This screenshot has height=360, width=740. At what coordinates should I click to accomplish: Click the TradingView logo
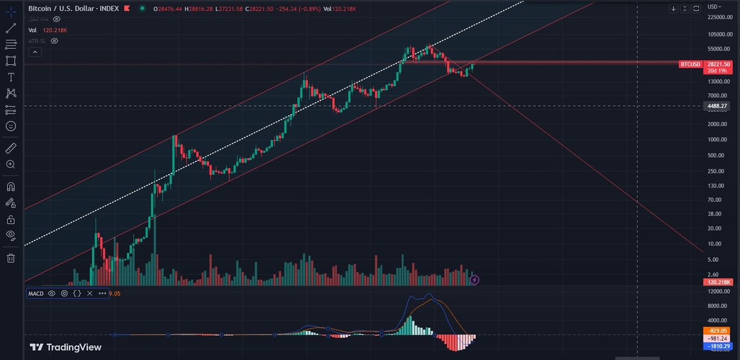[x=66, y=347]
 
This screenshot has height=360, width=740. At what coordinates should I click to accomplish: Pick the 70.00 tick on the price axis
[x=715, y=200]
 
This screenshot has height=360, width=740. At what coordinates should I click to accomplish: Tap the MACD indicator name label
[x=36, y=293]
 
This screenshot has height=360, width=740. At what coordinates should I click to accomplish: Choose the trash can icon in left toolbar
[x=10, y=258]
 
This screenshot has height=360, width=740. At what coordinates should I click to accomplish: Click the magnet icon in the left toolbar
[x=10, y=186]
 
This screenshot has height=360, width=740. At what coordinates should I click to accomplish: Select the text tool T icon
[x=10, y=77]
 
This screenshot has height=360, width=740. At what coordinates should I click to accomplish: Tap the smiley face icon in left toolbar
[x=10, y=126]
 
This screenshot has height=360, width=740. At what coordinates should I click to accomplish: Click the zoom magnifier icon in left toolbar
[x=10, y=165]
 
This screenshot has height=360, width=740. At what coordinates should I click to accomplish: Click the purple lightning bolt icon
[x=474, y=280]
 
